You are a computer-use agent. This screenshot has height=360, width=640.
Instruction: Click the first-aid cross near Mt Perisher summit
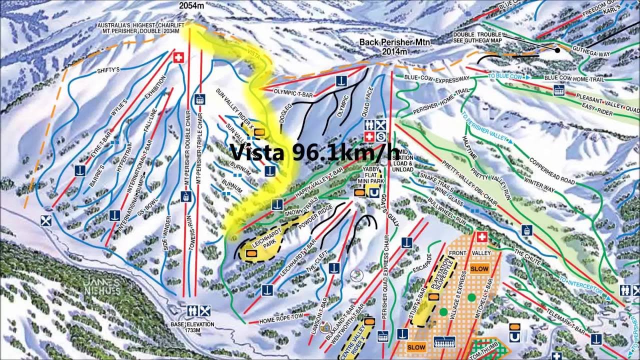(177, 57)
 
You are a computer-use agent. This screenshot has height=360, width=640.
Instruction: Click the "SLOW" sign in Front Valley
(478, 268)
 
